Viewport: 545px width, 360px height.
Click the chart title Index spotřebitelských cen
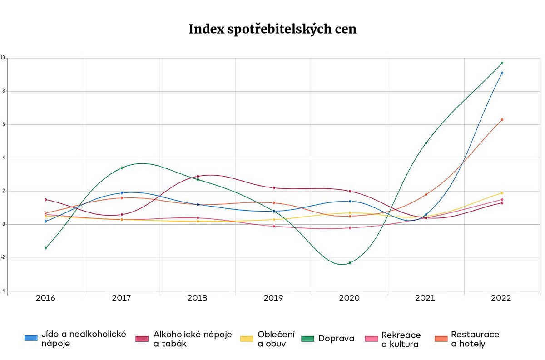pyautogui.click(x=272, y=29)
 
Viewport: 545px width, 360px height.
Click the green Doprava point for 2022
pyautogui.click(x=502, y=63)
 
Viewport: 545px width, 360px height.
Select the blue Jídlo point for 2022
pyautogui.click(x=502, y=73)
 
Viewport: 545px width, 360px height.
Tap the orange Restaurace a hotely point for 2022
pyautogui.click(x=502, y=120)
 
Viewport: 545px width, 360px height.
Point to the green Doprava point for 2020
pyautogui.click(x=350, y=263)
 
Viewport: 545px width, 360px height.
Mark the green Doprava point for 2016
pyautogui.click(x=46, y=248)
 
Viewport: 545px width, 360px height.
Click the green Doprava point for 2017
pyautogui.click(x=122, y=168)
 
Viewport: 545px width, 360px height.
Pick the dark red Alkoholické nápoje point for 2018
pyautogui.click(x=198, y=176)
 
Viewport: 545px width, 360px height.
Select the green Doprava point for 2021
pyautogui.click(x=426, y=143)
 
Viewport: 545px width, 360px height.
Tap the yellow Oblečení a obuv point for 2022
pyautogui.click(x=502, y=193)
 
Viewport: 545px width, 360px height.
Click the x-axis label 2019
pyautogui.click(x=273, y=298)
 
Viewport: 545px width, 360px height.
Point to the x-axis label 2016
pyautogui.click(x=45, y=298)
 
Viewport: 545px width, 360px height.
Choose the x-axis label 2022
pyautogui.click(x=501, y=298)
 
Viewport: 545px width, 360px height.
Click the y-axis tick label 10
pyautogui.click(x=3, y=58)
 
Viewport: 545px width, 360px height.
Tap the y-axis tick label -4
pyautogui.click(x=3, y=291)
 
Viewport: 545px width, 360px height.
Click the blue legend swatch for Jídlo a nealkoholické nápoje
pyautogui.click(x=31, y=338)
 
